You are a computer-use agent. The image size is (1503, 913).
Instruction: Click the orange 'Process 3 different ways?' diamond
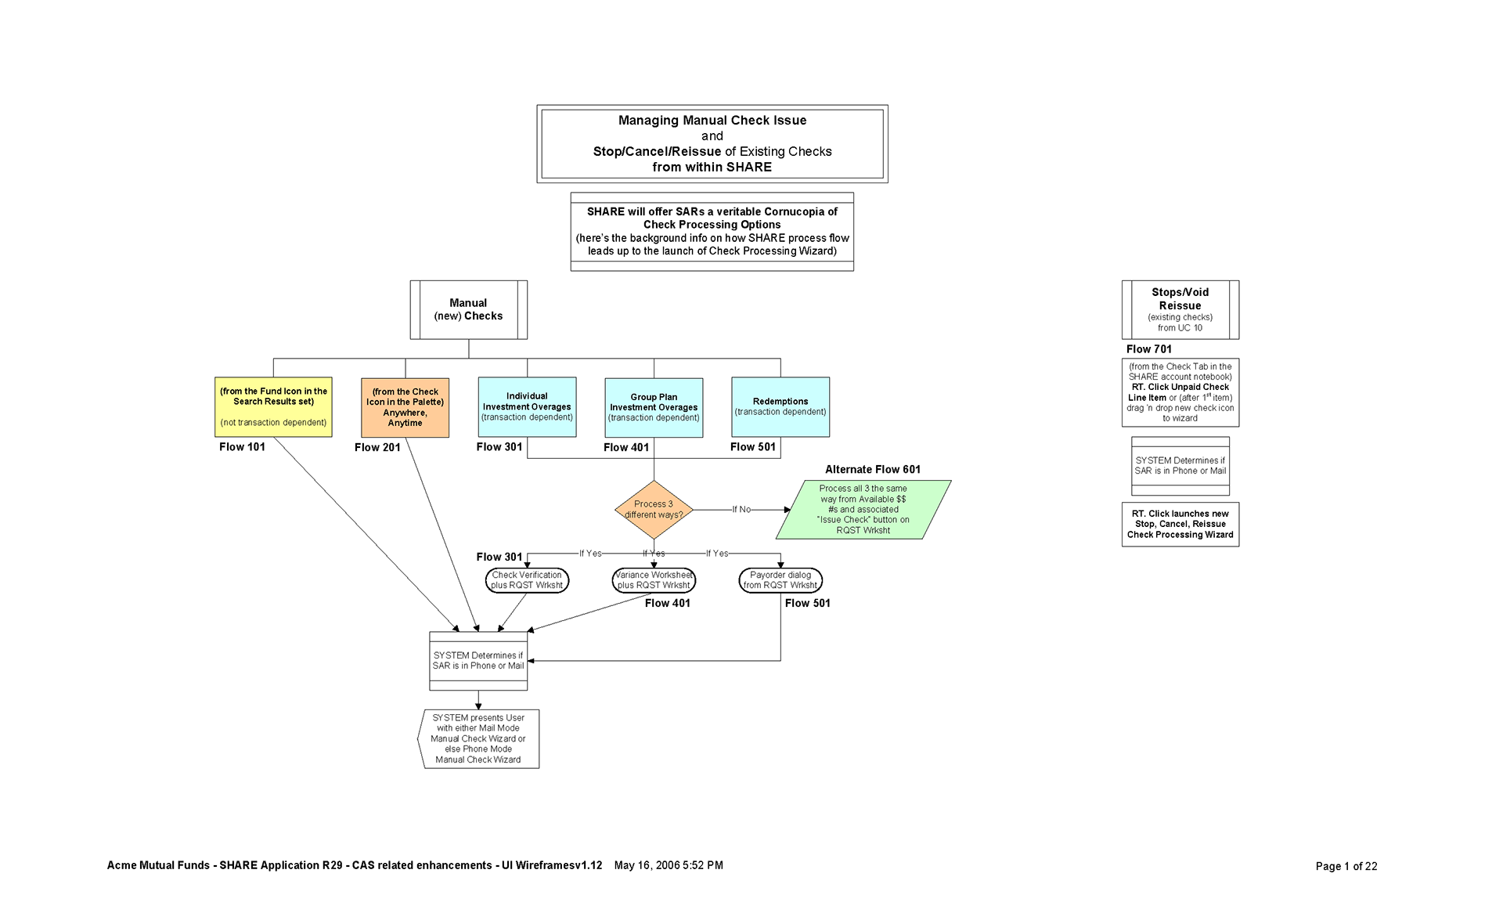pyautogui.click(x=654, y=510)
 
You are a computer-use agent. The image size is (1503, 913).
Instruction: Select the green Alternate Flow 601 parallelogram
pyautogui.click(x=863, y=510)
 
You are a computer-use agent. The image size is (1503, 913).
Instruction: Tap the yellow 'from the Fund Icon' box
pyautogui.click(x=273, y=407)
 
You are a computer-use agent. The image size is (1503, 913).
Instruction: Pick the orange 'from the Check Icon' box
pyautogui.click(x=405, y=408)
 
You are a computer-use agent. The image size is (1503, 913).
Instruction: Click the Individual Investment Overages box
pyautogui.click(x=527, y=407)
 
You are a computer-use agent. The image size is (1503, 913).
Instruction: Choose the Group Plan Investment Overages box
pyautogui.click(x=654, y=408)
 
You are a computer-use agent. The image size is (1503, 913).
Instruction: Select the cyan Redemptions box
pyautogui.click(x=780, y=407)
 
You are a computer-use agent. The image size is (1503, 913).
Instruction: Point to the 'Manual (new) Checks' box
pyautogui.click(x=468, y=310)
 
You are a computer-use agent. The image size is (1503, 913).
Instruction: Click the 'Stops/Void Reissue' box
pyautogui.click(x=1180, y=310)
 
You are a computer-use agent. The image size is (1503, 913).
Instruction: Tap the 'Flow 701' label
pyautogui.click(x=1148, y=349)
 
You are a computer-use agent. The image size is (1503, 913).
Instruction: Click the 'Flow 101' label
pyautogui.click(x=242, y=447)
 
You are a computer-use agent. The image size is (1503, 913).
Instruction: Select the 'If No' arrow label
pyautogui.click(x=741, y=510)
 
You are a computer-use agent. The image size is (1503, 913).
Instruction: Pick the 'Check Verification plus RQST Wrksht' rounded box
pyautogui.click(x=527, y=580)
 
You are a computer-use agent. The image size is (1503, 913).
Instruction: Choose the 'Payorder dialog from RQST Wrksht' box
pyautogui.click(x=780, y=580)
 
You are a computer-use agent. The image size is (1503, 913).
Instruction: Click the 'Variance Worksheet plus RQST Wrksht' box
pyautogui.click(x=654, y=580)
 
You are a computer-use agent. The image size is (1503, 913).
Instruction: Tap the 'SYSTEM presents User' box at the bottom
pyautogui.click(x=478, y=739)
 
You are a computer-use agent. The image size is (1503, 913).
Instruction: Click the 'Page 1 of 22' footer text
pyautogui.click(x=1346, y=866)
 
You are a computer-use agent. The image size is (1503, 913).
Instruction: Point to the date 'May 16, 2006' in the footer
pyautogui.click(x=647, y=865)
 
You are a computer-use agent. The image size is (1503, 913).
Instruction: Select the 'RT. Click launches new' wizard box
pyautogui.click(x=1180, y=525)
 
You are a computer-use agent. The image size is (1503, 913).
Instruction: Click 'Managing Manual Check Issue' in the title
pyautogui.click(x=712, y=121)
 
